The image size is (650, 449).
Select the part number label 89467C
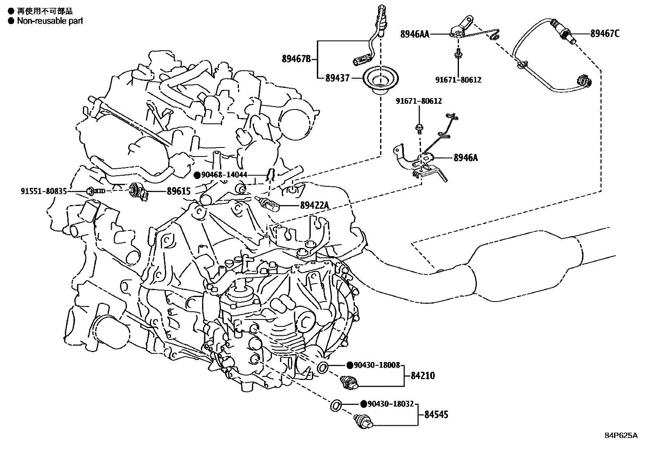point(604,34)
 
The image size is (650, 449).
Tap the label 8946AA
point(414,34)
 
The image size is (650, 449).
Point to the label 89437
point(337,77)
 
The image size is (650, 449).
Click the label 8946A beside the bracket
point(465,157)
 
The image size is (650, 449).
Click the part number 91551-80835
point(44,191)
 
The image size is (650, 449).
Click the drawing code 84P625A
point(621,436)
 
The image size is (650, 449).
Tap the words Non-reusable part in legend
point(50,21)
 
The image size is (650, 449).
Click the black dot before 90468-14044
point(197,175)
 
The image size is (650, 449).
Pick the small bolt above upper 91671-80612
point(459,51)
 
